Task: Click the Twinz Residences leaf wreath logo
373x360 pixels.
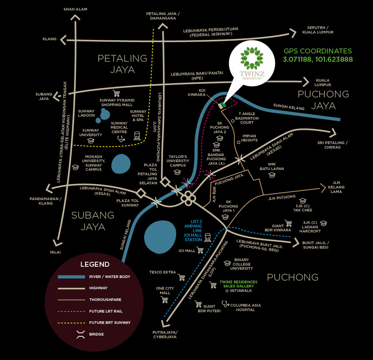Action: (x=252, y=58)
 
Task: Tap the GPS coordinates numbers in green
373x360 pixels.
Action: (x=318, y=59)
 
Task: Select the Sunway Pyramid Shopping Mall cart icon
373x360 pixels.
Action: (x=116, y=93)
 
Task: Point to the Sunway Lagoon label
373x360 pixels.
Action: (x=86, y=113)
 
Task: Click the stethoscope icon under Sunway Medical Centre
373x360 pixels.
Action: (x=121, y=138)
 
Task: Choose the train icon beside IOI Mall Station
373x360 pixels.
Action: (x=208, y=237)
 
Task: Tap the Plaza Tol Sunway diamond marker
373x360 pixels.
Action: (x=141, y=193)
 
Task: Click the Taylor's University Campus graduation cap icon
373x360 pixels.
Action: (x=177, y=172)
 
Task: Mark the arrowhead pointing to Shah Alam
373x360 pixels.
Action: (x=75, y=18)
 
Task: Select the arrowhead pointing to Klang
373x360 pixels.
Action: (x=63, y=40)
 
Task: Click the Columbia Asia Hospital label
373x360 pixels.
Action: (x=245, y=307)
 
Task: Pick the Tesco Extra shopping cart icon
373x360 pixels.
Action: (x=181, y=277)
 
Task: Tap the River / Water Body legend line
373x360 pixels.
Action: (x=72, y=277)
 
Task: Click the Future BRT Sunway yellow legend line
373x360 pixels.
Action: (x=72, y=323)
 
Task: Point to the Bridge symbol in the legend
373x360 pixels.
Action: (x=81, y=334)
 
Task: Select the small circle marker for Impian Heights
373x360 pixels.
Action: (x=239, y=143)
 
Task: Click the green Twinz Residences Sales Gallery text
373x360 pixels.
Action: (x=238, y=284)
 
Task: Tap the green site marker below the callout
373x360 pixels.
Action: (x=224, y=104)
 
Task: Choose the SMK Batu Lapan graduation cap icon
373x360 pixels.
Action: (x=272, y=175)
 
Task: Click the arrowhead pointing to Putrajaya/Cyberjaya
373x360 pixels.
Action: (x=165, y=324)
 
